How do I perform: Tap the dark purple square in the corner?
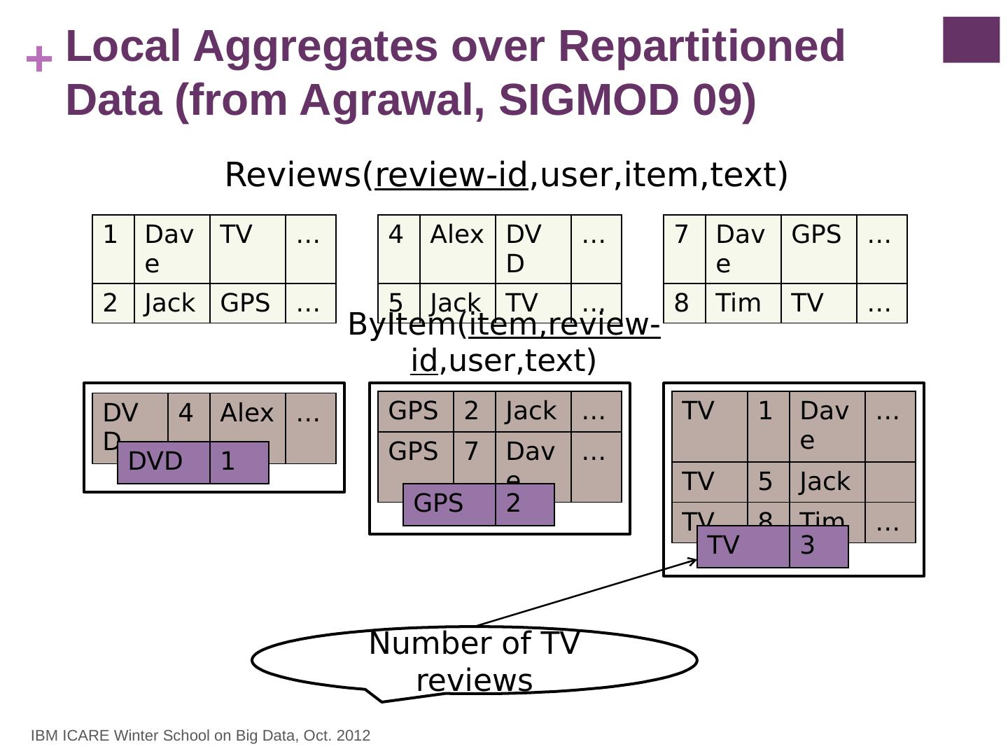coord(971,40)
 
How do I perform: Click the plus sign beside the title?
coord(39,59)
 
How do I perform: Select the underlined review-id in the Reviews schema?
coord(451,175)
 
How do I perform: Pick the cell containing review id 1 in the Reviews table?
coord(113,248)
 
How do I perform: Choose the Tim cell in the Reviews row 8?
coord(743,303)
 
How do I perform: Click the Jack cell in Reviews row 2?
coord(171,303)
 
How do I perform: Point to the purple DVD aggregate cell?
coord(164,462)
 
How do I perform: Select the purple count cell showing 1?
coord(239,462)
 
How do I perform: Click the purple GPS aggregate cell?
coord(449,504)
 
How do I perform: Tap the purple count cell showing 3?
coord(818,546)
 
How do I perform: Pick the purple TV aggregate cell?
coord(743,546)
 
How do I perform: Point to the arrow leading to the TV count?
coord(588,592)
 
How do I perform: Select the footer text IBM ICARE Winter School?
coord(200,736)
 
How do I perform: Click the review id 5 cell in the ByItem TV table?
coord(768,482)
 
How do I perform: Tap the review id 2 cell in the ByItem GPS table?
coord(474,411)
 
